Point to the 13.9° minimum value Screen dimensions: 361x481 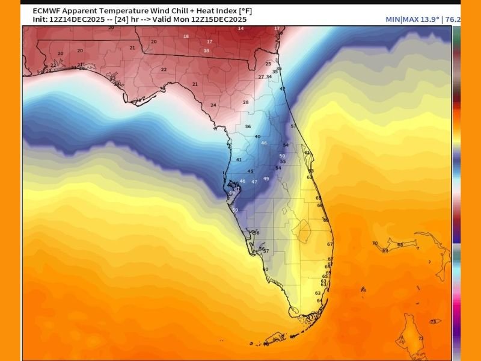click(x=429, y=20)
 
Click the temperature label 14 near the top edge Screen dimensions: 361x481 click(x=240, y=28)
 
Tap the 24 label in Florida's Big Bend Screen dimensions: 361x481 click(x=213, y=105)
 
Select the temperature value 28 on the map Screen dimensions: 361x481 click(x=245, y=102)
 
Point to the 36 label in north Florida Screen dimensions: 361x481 click(x=248, y=126)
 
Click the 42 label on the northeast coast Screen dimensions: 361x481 click(x=283, y=88)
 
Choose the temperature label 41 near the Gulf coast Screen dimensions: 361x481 click(x=239, y=159)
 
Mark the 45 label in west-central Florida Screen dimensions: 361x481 click(x=250, y=171)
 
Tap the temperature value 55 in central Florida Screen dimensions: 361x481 click(x=283, y=161)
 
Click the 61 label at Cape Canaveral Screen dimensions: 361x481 click(x=307, y=153)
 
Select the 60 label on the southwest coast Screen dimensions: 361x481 click(x=265, y=269)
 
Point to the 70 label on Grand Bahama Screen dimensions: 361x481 click(x=374, y=243)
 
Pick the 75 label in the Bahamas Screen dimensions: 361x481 click(x=433, y=322)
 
